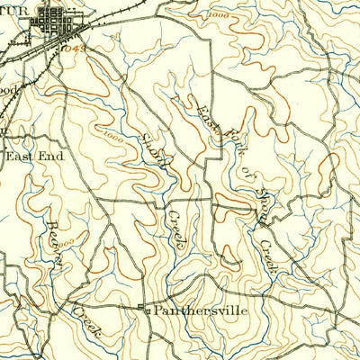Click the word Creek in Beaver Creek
coord(86,315)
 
